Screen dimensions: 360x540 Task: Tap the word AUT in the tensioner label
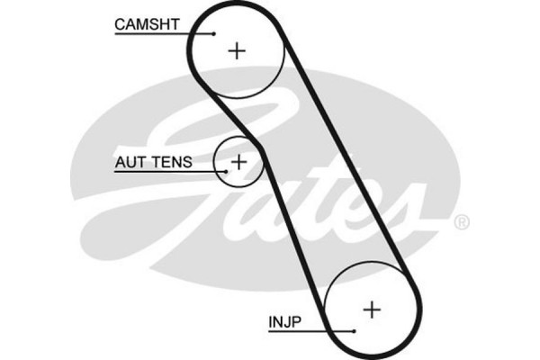pyautogui.click(x=128, y=163)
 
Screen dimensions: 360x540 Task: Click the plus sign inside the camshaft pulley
pyautogui.click(x=237, y=50)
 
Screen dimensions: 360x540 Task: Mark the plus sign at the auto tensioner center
pyautogui.click(x=238, y=162)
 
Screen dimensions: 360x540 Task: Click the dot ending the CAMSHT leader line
pyautogui.click(x=214, y=33)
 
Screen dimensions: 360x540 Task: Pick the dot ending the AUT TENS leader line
pyautogui.click(x=223, y=171)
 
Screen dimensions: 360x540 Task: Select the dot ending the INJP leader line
pyautogui.click(x=355, y=331)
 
